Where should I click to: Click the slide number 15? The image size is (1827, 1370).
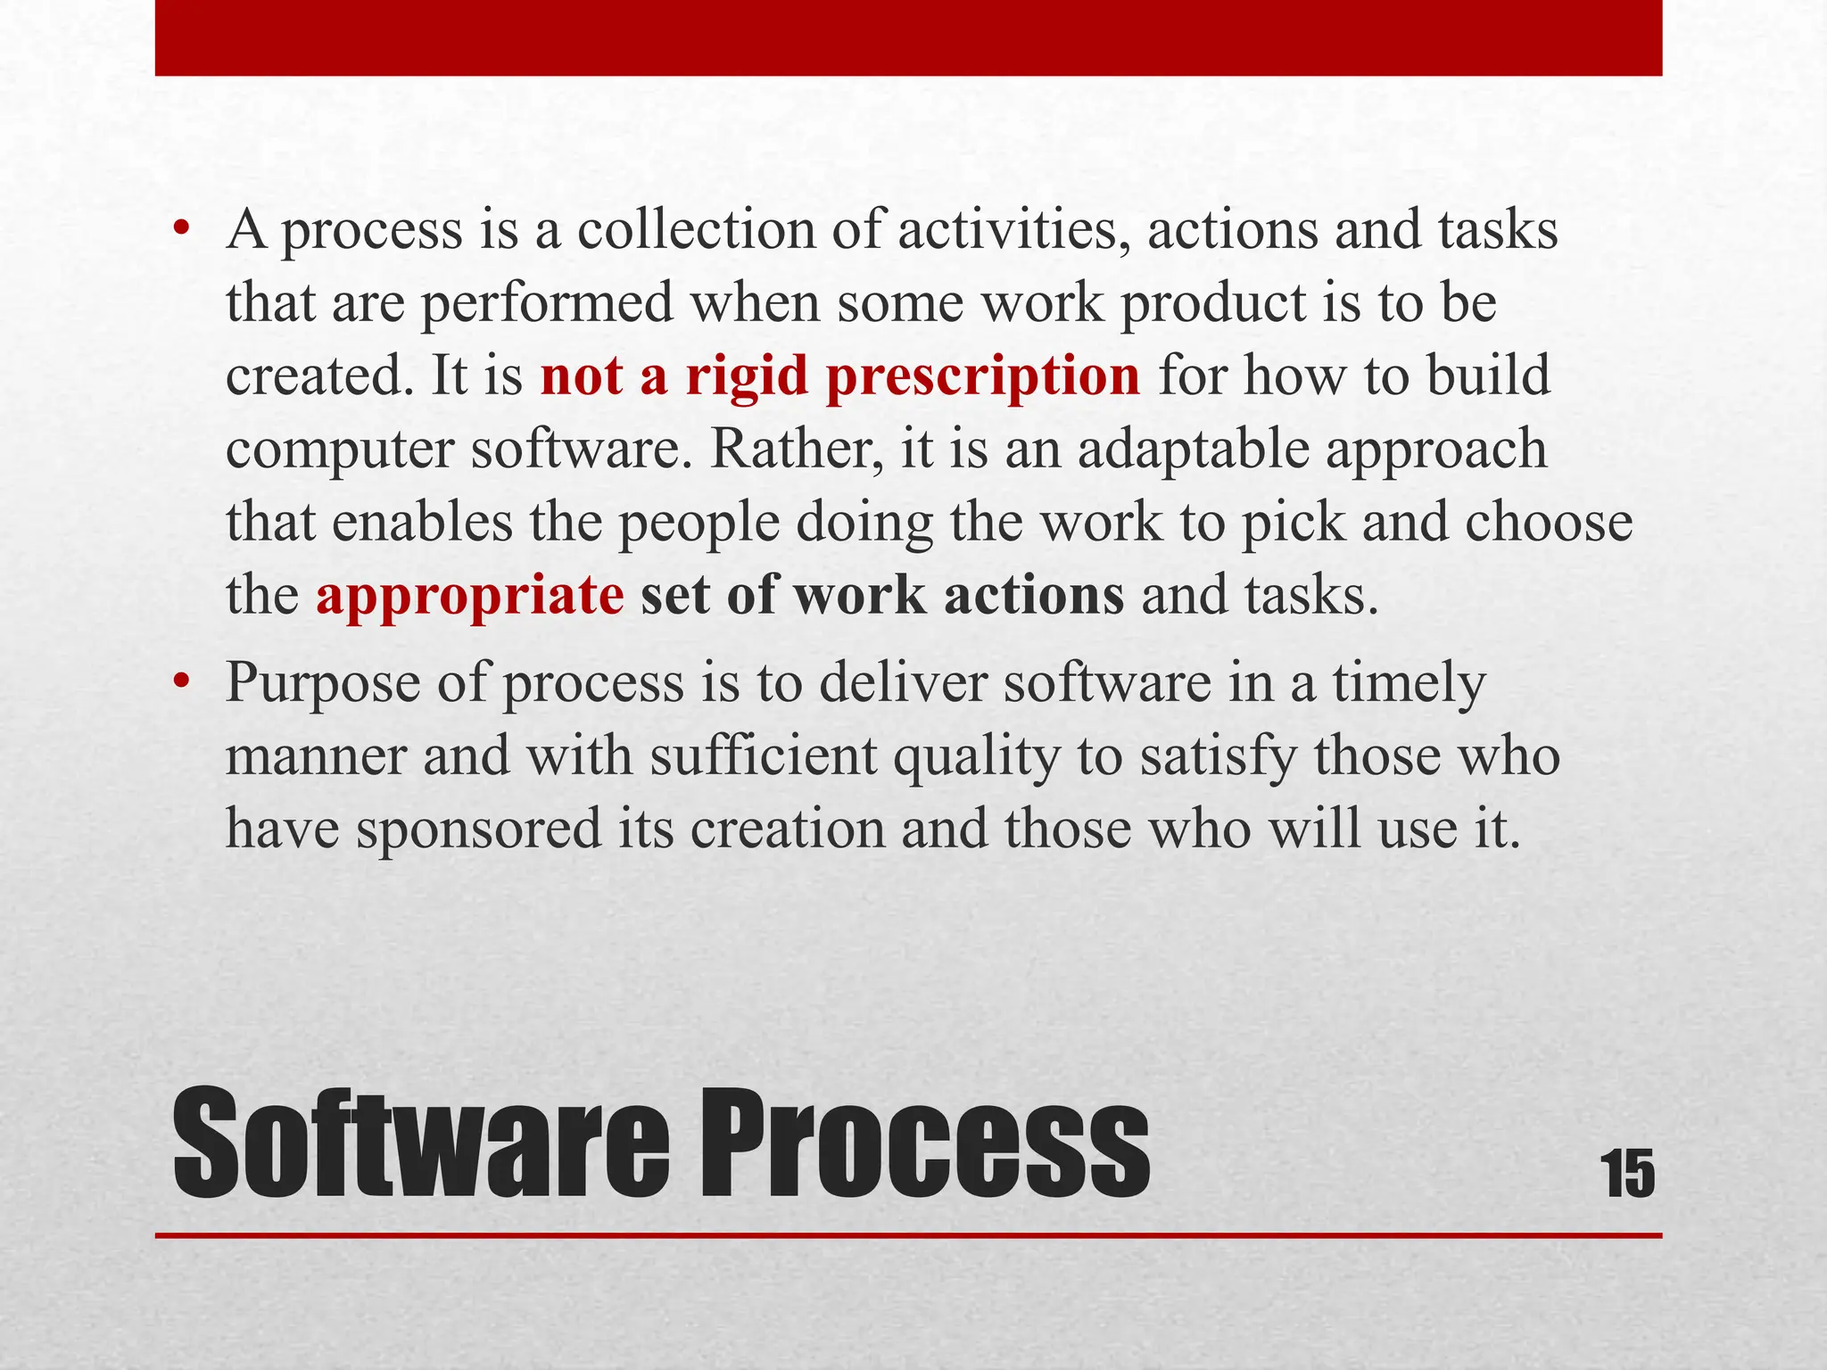tap(1628, 1174)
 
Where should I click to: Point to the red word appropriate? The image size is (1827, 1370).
tap(469, 596)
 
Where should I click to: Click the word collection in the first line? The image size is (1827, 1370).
tap(696, 230)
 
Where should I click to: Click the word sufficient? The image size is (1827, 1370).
tap(763, 756)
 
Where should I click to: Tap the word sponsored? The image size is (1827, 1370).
tap(479, 829)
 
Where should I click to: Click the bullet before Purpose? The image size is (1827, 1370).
tap(182, 682)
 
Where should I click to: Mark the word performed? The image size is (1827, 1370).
tap(547, 304)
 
